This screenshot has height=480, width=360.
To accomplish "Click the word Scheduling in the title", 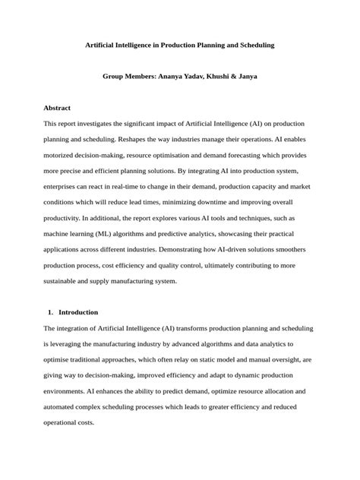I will (x=251, y=46).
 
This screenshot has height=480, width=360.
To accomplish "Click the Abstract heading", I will (x=57, y=108).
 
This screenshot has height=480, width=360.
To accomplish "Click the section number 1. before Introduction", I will (x=50, y=312).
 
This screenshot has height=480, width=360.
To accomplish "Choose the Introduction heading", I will (x=78, y=312).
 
